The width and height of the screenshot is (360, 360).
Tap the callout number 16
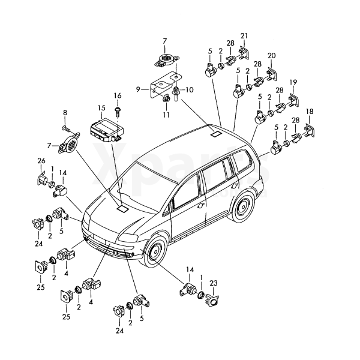(118, 96)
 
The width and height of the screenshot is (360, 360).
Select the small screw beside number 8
(67, 128)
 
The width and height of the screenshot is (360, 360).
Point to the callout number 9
(138, 89)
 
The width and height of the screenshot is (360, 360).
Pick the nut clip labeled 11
(165, 100)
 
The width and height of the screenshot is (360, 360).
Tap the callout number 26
(41, 160)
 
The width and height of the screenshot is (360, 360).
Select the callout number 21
(244, 37)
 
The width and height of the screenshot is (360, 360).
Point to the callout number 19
(293, 82)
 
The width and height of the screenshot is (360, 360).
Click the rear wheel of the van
(244, 208)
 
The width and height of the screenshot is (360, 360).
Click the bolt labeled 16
(119, 110)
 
